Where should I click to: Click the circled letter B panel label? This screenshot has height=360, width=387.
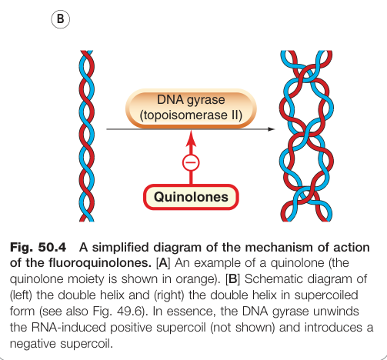pos(61,19)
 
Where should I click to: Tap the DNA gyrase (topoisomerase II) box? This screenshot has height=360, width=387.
pos(191,108)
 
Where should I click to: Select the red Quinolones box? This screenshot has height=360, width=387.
pos(191,197)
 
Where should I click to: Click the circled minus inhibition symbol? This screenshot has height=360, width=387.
pos(191,162)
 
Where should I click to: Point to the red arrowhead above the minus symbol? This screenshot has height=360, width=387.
pos(191,138)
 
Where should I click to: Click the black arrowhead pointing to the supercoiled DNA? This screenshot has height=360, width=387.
pos(271,129)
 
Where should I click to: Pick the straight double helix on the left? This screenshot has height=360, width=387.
pos(86,136)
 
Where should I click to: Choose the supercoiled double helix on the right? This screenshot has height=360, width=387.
pos(306,136)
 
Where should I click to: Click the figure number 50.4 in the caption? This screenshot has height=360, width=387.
pos(52,248)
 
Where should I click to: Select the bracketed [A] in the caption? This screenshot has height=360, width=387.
pos(163,263)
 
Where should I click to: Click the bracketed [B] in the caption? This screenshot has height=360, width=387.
pos(232,279)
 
